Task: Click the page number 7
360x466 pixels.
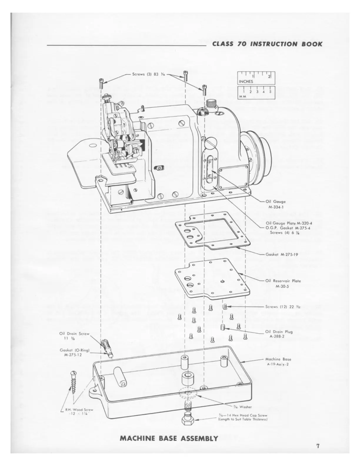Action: [318, 446]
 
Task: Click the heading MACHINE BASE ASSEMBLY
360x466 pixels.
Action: [169, 438]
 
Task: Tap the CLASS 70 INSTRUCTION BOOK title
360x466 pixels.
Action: [267, 44]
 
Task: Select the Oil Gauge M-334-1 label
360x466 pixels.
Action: [275, 204]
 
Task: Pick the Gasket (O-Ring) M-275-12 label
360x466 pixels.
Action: [74, 352]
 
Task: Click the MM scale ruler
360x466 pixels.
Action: [256, 93]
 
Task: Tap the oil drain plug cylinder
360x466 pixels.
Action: [223, 327]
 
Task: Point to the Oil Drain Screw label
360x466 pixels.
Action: [74, 336]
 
